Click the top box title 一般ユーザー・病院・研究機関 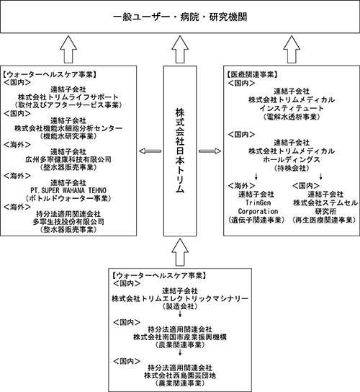tap(180, 17)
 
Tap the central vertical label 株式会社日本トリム tap(180, 151)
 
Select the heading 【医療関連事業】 tap(252, 74)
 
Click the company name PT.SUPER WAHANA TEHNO tap(68, 190)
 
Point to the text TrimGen tap(258, 202)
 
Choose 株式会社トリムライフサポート tap(68, 97)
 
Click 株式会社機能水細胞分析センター tap(68, 128)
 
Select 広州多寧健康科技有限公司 tap(68, 159)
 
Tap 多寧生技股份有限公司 tap(68, 222)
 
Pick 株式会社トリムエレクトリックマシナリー tap(180, 298)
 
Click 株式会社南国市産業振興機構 tap(180, 337)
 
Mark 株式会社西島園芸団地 tap(180, 375)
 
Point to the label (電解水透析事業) tap(292, 117)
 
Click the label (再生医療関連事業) tap(324, 220)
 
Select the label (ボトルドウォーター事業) tap(68, 198)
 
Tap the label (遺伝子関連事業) tap(257, 220)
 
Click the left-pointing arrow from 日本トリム tap(150, 151)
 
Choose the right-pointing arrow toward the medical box tap(210, 151)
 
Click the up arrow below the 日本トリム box tap(180, 252)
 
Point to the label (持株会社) tap(292, 168)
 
